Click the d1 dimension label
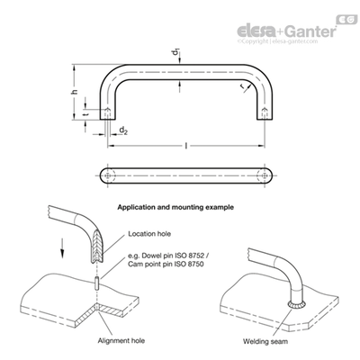point(175,54)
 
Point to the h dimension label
point(75,92)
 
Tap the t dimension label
point(85,114)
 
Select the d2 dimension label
point(123,130)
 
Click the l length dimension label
point(186,146)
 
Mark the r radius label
point(242,86)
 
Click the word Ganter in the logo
point(310,31)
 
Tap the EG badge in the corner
point(347,19)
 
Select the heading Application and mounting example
point(175,207)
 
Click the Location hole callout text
point(149,234)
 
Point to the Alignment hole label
point(121,341)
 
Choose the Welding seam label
point(265,341)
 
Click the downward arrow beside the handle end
point(62,248)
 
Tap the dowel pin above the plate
point(97,283)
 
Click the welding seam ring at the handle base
point(297,304)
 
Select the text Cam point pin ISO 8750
point(166,265)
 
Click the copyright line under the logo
point(277,41)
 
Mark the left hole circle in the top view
point(107,175)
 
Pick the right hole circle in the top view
point(265,175)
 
